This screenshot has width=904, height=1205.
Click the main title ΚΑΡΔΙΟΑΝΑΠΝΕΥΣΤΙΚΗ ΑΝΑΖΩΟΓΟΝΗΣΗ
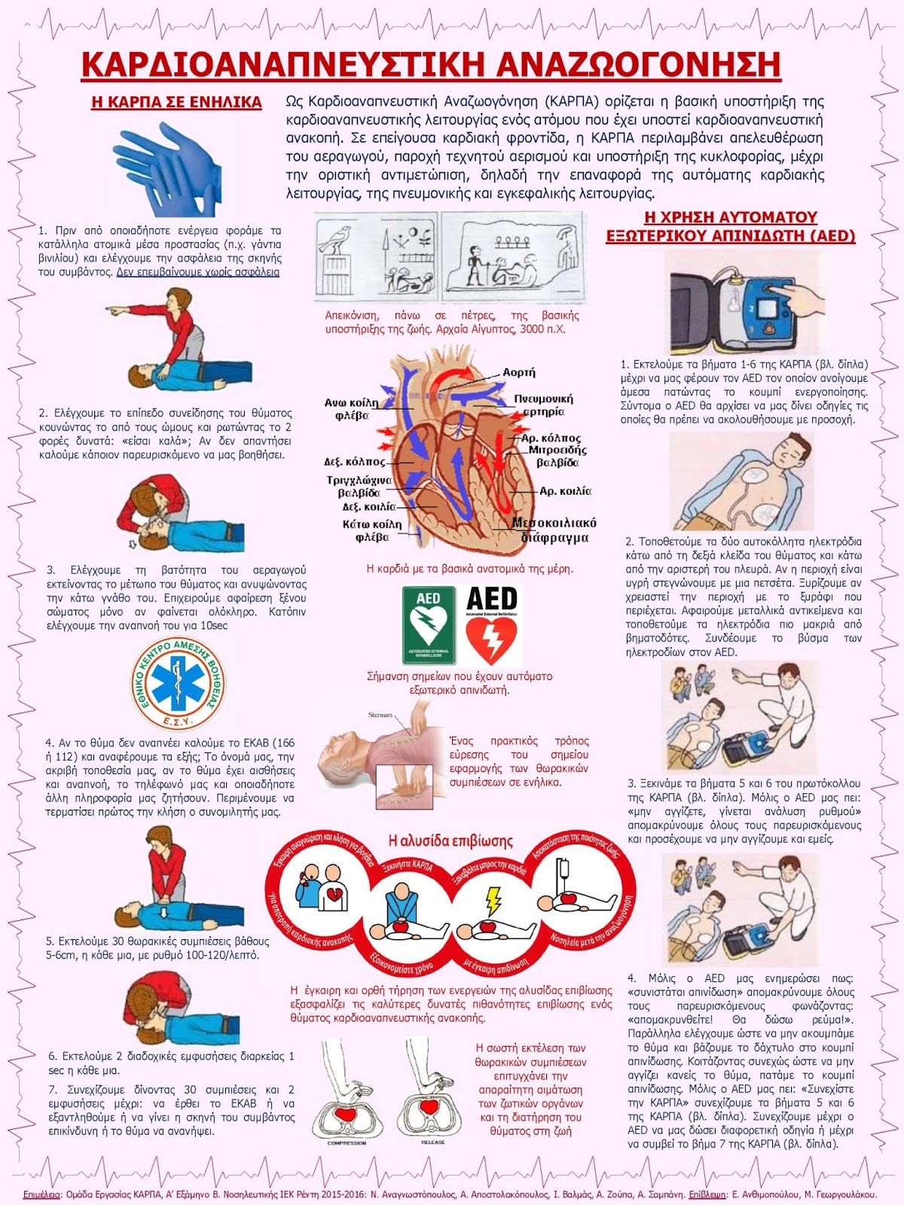(x=430, y=65)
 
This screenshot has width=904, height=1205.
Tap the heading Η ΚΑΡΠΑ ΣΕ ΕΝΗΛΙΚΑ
(x=176, y=102)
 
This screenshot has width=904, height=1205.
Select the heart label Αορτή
(x=518, y=372)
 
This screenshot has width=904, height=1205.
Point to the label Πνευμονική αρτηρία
(x=544, y=405)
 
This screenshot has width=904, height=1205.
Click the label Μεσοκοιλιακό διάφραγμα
(x=554, y=530)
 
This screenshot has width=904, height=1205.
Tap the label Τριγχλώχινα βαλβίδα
(x=359, y=487)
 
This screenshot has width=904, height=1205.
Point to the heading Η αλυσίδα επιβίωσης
(x=450, y=840)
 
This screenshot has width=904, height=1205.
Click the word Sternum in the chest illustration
(x=380, y=715)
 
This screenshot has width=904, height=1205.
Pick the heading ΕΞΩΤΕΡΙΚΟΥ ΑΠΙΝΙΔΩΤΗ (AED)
(x=731, y=236)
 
